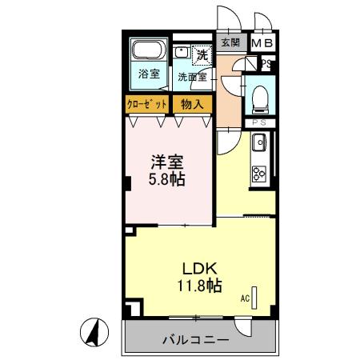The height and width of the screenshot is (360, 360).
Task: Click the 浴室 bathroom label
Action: click(148, 74)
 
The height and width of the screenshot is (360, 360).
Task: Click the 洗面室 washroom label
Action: click(192, 78)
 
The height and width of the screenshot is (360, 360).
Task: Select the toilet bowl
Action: click(258, 98)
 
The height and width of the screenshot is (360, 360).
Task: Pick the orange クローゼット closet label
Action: click(147, 104)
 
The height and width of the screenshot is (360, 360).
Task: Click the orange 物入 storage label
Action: click(191, 104)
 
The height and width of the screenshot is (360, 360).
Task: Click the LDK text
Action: click(200, 267)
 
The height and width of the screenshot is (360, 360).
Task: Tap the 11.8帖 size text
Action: click(200, 285)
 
